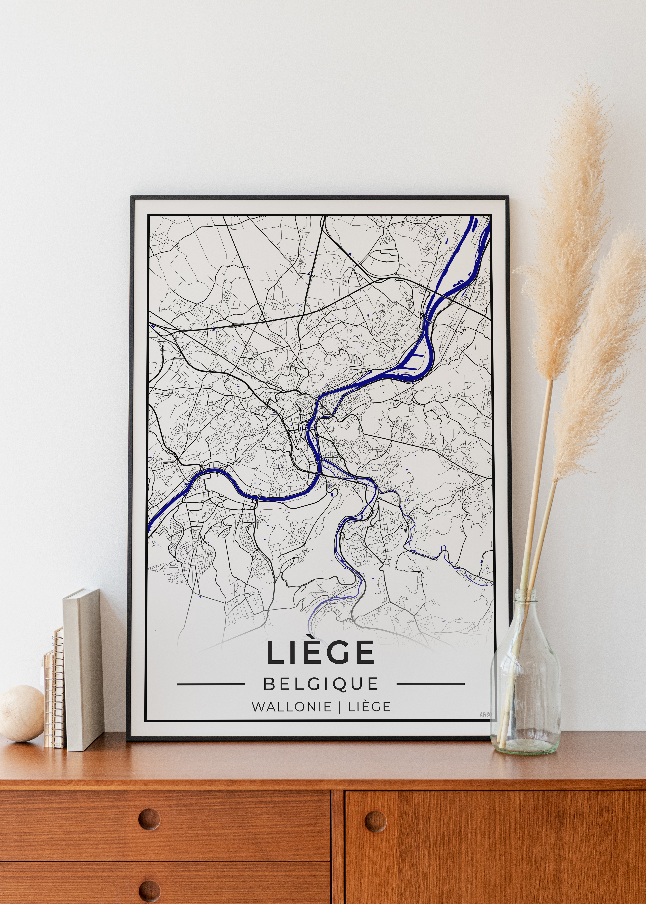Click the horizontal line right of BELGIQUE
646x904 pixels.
(430, 684)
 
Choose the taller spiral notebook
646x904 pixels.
(59, 688)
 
